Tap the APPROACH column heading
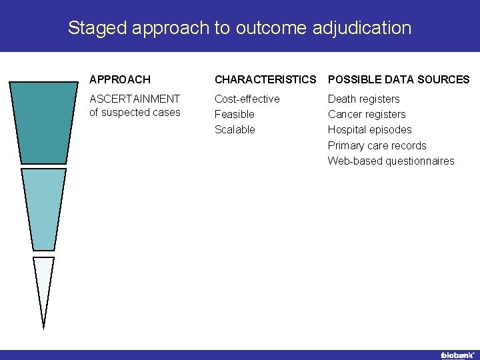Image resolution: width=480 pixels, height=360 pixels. pos(120,79)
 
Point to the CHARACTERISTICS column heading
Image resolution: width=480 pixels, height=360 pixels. pos(265,79)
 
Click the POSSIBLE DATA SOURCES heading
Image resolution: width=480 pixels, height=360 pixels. pos(399,79)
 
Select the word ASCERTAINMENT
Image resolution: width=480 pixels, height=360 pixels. pos(135,99)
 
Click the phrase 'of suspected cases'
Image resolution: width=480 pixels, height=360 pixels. pos(135,112)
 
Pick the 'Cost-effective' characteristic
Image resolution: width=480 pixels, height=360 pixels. pos(247,99)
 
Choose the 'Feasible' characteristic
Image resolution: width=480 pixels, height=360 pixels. pos(234,114)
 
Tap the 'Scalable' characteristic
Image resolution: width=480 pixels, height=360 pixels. pos(235,129)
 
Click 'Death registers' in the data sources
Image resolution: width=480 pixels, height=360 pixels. pos(363,99)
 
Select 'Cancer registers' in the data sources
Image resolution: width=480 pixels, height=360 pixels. pos(366,114)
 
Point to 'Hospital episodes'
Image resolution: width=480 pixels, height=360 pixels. pos(369,129)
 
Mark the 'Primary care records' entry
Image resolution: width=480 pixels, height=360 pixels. pos(377,145)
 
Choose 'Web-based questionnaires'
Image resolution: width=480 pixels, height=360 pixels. pos(391,161)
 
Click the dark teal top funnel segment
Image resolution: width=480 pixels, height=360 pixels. pos(43,123)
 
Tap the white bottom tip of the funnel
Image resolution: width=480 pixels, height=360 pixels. pos(43,283)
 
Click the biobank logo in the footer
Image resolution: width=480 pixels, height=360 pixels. pos(457,355)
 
